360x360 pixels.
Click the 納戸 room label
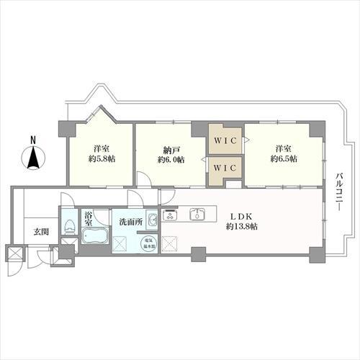pos(171,149)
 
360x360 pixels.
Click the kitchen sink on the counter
pos(197,215)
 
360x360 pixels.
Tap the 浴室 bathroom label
pos(89,218)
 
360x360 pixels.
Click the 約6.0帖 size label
pos(171,159)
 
